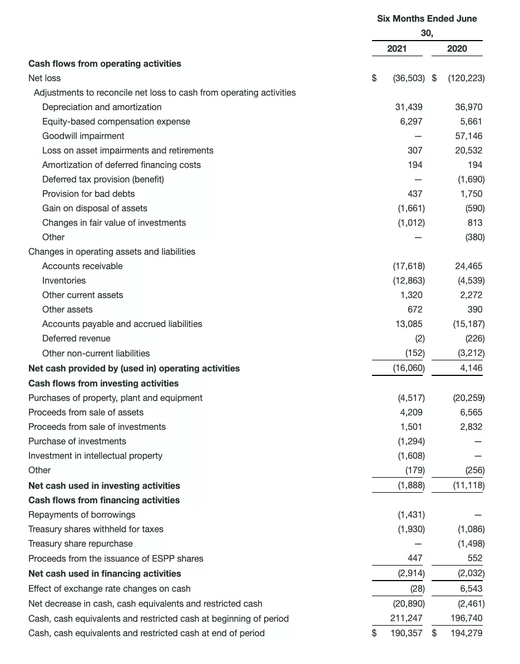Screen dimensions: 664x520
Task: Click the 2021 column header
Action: (x=397, y=48)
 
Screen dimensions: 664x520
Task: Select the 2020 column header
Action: (x=457, y=48)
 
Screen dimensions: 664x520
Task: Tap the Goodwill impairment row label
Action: (x=83, y=136)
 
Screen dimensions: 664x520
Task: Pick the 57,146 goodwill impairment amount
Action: (x=469, y=136)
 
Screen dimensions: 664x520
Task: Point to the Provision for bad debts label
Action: (x=88, y=194)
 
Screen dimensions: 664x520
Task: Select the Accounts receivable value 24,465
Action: (x=468, y=266)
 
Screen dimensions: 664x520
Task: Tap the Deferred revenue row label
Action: (x=76, y=338)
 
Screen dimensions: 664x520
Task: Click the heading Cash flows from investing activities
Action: (x=103, y=383)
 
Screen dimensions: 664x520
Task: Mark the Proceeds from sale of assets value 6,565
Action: (x=471, y=412)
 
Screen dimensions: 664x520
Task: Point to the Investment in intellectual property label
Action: (x=95, y=455)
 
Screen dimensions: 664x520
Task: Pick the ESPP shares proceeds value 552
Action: (x=475, y=558)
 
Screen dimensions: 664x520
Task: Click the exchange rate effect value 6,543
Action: (x=471, y=588)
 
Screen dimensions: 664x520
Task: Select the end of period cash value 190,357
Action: (x=406, y=633)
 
